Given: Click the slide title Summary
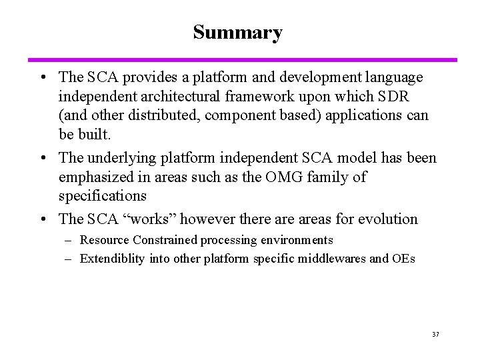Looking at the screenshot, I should [237, 32].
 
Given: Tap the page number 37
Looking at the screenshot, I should [435, 333].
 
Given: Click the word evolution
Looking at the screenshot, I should [387, 219].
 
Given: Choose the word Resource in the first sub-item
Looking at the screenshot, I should [103, 240].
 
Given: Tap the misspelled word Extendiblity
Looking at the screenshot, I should [111, 259].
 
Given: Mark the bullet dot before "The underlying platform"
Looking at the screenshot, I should [43, 159].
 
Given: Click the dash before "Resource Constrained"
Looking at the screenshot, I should [69, 240].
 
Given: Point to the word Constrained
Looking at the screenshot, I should [160, 240].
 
